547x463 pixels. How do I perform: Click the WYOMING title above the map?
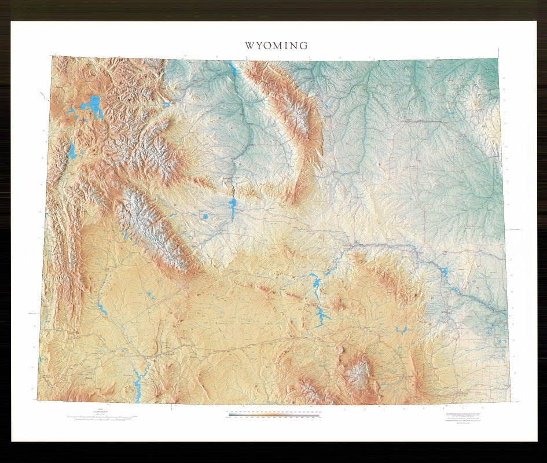(276, 46)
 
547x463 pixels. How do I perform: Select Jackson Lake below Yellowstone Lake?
(72, 152)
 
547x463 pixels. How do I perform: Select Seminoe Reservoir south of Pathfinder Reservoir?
(320, 316)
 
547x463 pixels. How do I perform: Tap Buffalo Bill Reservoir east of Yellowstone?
(166, 105)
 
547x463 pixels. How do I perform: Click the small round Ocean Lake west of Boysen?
(205, 217)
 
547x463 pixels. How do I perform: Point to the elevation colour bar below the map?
(273, 414)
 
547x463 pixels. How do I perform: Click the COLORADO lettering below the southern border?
(405, 410)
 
